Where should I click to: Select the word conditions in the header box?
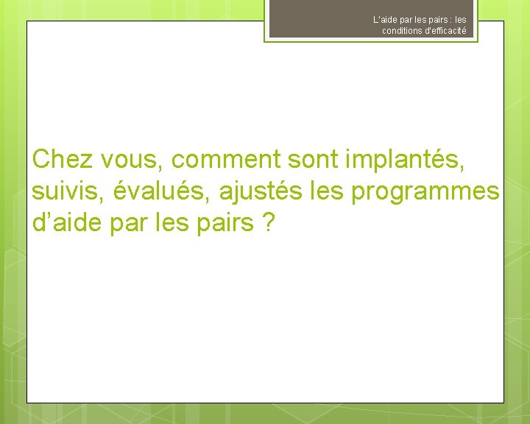(400, 31)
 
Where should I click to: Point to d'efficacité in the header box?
(444, 31)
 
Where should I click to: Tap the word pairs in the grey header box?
(437, 20)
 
